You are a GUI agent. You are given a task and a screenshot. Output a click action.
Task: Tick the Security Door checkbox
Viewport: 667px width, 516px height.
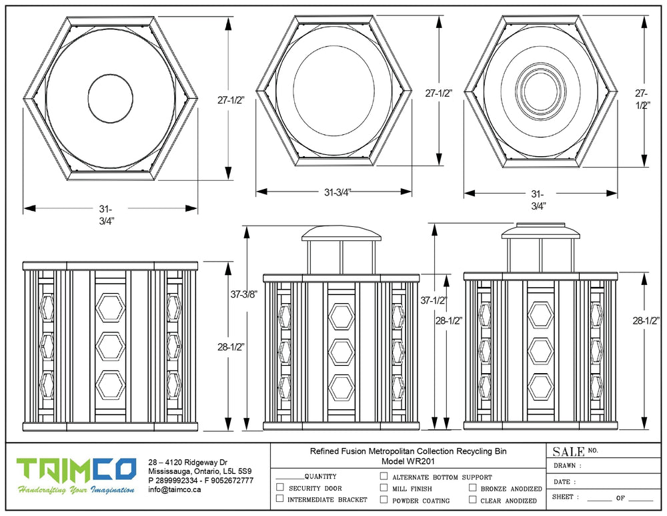(280, 488)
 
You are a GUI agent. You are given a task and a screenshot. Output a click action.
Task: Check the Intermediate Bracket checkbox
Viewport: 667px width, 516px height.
(280, 499)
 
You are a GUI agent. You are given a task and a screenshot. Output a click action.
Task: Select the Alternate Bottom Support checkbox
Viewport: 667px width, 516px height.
(384, 477)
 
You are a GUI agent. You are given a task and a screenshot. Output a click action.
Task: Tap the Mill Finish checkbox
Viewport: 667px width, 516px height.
(384, 488)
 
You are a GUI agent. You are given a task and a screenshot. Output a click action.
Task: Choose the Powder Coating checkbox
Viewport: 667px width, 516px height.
(384, 499)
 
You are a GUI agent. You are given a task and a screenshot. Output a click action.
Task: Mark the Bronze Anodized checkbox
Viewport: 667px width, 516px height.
(472, 488)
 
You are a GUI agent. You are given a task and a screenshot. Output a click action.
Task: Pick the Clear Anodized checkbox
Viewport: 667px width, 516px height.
(472, 499)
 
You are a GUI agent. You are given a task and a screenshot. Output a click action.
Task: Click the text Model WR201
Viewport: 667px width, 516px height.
(408, 461)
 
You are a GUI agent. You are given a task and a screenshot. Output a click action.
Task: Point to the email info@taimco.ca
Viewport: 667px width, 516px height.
(175, 489)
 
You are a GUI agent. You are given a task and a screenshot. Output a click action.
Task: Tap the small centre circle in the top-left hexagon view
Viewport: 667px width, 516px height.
(111, 98)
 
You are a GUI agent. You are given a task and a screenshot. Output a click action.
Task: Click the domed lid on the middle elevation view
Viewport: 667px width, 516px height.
(341, 233)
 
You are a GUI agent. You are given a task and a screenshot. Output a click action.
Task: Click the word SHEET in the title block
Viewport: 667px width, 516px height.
(566, 497)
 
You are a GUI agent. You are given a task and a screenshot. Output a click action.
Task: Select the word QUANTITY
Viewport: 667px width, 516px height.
(320, 477)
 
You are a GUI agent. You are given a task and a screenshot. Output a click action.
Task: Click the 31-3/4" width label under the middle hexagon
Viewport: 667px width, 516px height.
(338, 192)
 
